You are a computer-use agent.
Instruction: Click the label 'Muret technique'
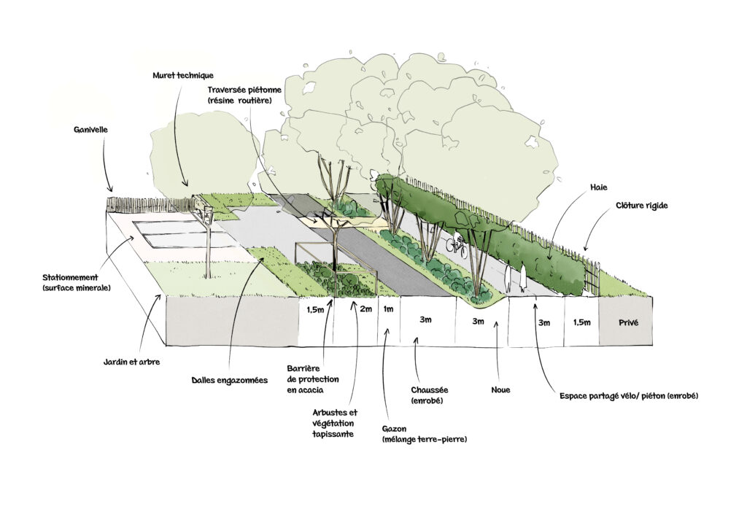183,75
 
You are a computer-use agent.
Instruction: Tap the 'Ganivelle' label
91,131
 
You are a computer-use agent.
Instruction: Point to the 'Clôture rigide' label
641,206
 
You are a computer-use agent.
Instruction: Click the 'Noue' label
500,390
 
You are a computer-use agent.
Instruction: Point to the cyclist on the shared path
457,244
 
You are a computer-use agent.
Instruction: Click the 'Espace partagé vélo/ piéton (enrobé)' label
629,396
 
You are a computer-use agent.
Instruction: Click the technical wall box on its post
202,211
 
